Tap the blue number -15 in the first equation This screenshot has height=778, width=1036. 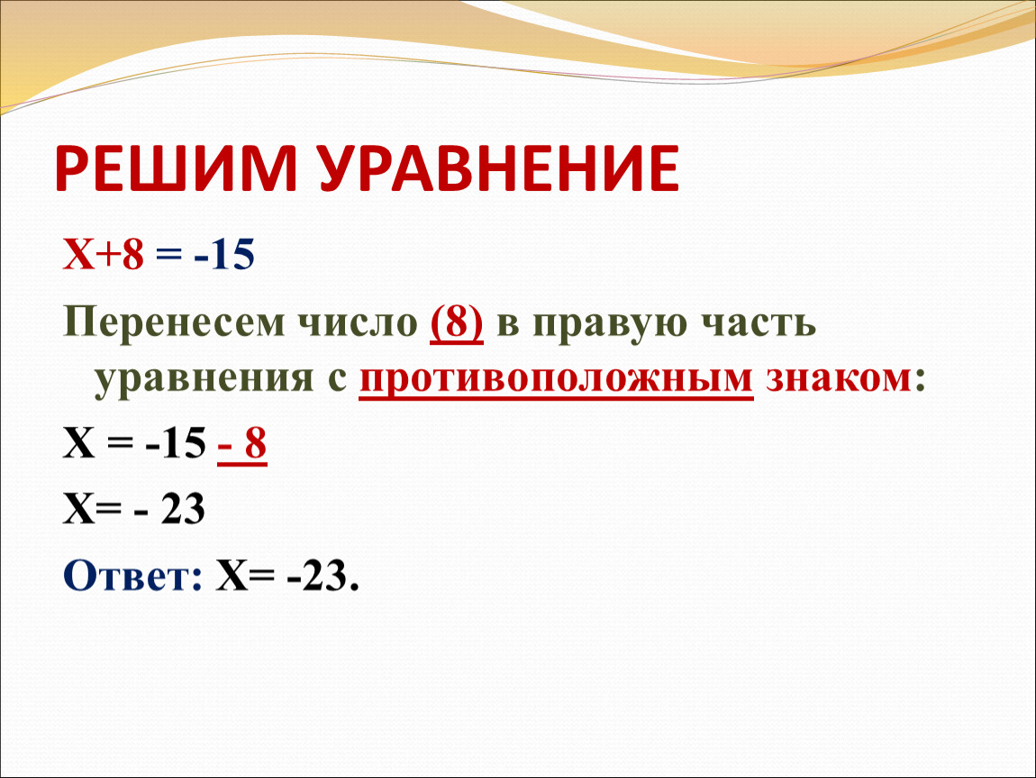pyautogui.click(x=224, y=254)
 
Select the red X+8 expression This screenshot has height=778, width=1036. pyautogui.click(x=103, y=254)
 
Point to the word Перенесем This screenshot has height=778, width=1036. pyautogui.click(x=174, y=324)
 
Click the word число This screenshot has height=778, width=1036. pyautogui.click(x=358, y=323)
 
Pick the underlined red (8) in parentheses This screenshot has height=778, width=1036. pyautogui.click(x=457, y=323)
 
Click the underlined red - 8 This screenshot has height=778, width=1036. pyautogui.click(x=241, y=444)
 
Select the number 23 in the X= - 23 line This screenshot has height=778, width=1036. pyautogui.click(x=183, y=509)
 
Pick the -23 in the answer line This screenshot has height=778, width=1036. pyautogui.click(x=317, y=576)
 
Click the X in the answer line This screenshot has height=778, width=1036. pyautogui.click(x=232, y=576)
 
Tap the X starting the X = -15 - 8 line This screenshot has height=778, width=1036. pyautogui.click(x=79, y=443)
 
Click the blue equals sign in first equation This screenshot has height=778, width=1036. pyautogui.click(x=168, y=256)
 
